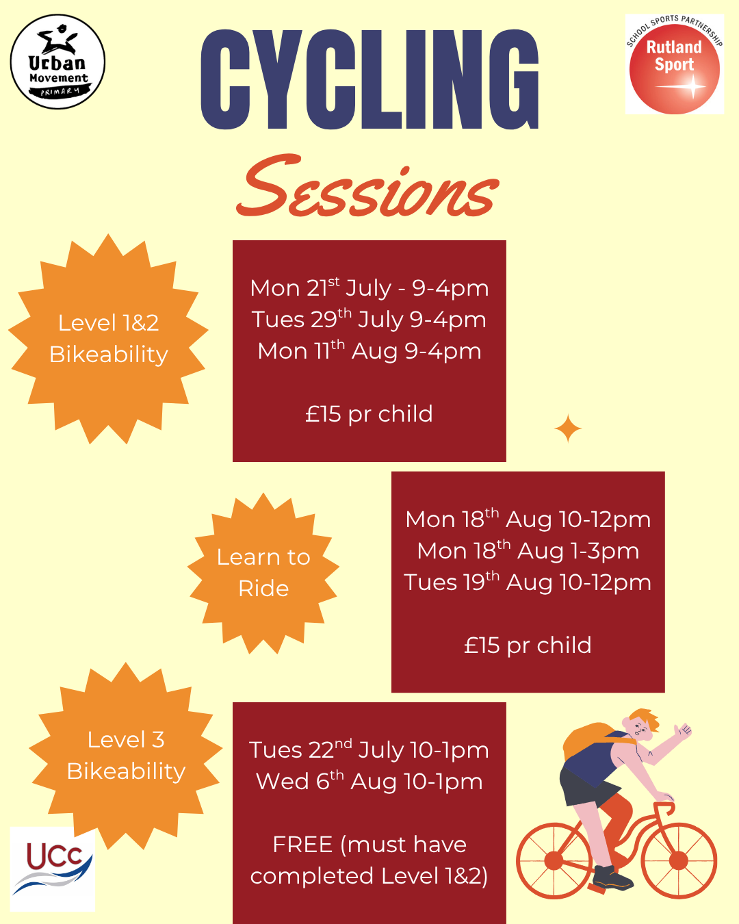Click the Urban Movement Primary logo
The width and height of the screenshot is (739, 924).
(x=57, y=62)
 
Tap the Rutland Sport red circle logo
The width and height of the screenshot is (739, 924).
(x=674, y=68)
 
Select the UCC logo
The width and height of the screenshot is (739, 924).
(x=53, y=869)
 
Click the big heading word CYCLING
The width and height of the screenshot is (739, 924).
(x=369, y=79)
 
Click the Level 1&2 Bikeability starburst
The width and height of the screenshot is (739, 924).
(x=108, y=339)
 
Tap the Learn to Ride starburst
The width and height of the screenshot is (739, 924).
(x=263, y=573)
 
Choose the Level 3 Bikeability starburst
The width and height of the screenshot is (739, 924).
(x=126, y=756)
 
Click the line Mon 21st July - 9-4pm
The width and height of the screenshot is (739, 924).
(x=369, y=287)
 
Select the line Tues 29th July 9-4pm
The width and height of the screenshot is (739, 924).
(x=369, y=319)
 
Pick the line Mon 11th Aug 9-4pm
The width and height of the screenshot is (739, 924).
(x=369, y=351)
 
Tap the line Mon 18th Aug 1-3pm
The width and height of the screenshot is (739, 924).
(x=528, y=551)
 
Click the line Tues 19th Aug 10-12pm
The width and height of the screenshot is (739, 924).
(x=528, y=582)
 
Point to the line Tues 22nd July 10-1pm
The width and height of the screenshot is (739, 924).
(x=369, y=749)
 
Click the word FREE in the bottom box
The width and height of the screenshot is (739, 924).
(x=303, y=845)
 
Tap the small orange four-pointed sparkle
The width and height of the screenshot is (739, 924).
(x=568, y=428)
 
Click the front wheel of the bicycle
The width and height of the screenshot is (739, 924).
(x=678, y=860)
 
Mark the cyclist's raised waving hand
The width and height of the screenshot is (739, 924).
(x=682, y=730)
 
